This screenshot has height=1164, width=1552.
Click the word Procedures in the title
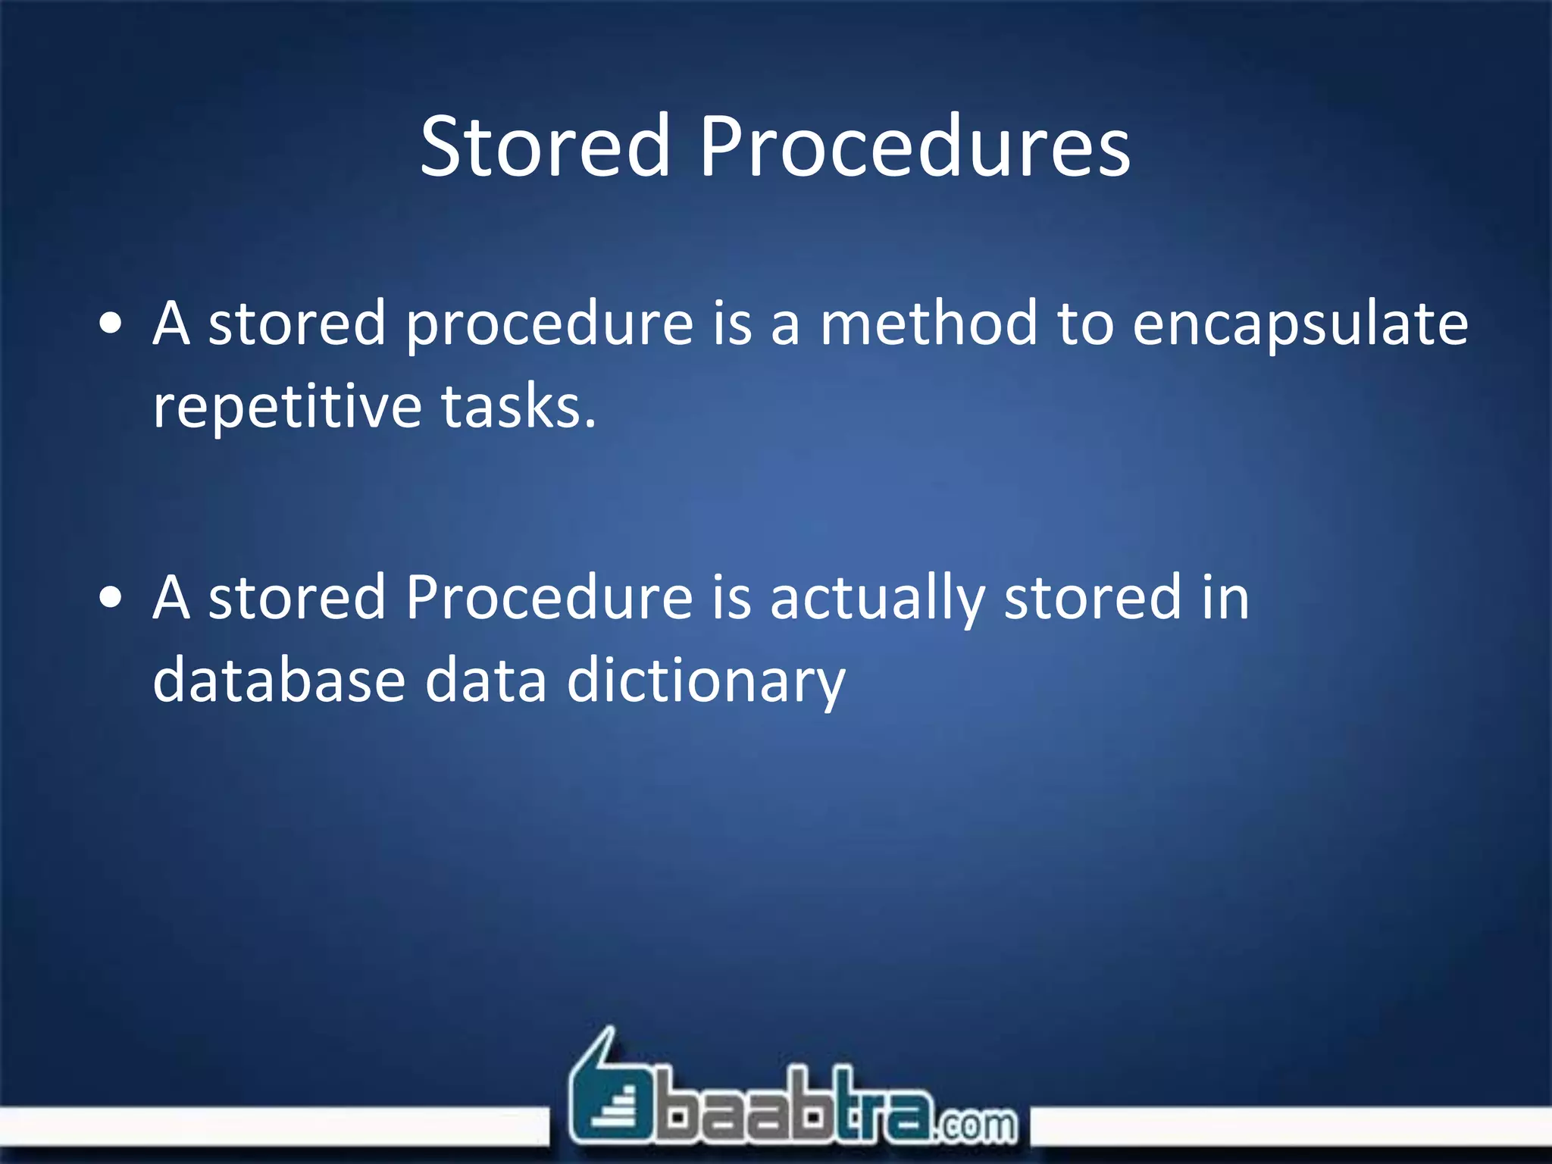click(914, 145)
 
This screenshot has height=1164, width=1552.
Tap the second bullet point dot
click(111, 599)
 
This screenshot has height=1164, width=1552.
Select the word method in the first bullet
click(928, 324)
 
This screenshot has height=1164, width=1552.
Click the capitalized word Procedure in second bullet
click(549, 598)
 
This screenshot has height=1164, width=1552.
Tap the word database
click(279, 680)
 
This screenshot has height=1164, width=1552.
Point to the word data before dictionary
click(485, 680)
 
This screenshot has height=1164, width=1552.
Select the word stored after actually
click(1092, 598)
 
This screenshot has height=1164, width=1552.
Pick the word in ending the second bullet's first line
click(1225, 598)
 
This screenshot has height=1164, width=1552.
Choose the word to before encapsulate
click(1084, 324)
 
